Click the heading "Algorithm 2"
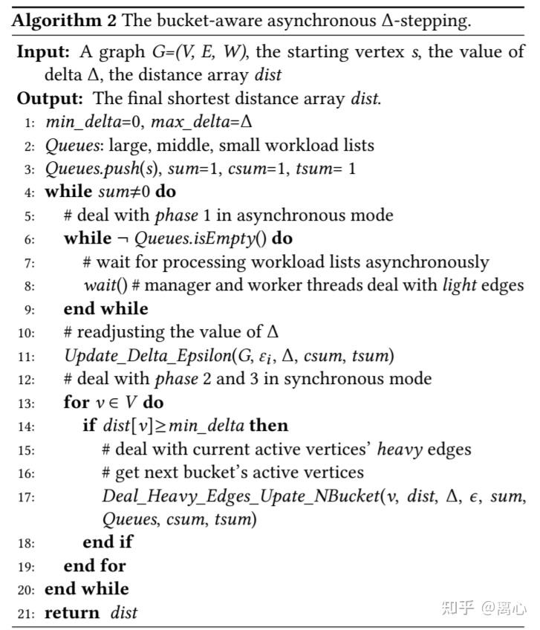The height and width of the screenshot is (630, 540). pyautogui.click(x=63, y=20)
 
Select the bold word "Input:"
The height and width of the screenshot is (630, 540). pyautogui.click(x=41, y=53)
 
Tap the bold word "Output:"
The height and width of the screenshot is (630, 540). pyautogui.click(x=47, y=99)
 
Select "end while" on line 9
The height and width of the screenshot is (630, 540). pyautogui.click(x=105, y=308)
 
